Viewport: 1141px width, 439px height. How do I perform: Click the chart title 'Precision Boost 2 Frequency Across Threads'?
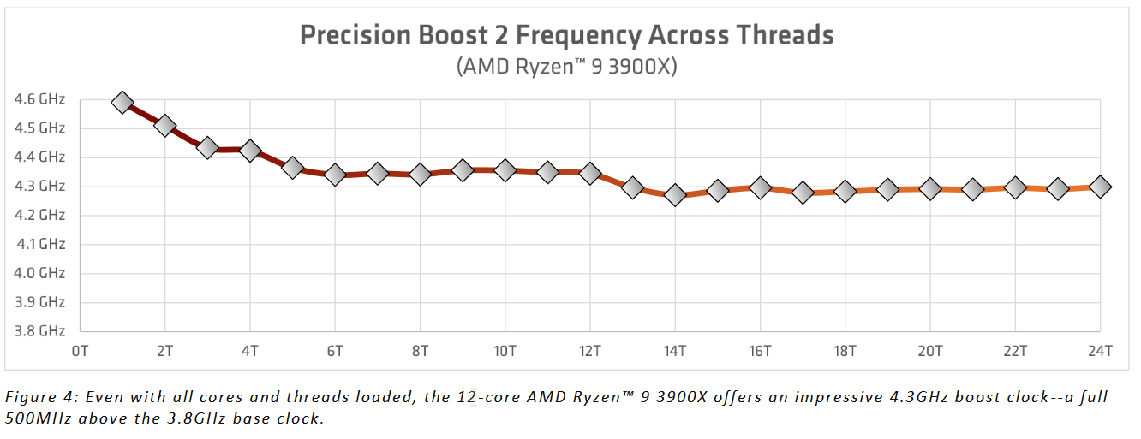(x=566, y=35)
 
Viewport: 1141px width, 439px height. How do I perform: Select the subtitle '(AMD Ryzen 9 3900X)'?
(x=566, y=67)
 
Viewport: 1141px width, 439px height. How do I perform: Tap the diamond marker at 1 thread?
(x=122, y=103)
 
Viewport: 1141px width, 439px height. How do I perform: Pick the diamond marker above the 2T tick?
(x=164, y=126)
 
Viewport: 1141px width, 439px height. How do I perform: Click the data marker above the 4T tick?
(x=250, y=151)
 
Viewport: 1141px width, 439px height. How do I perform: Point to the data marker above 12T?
(x=589, y=173)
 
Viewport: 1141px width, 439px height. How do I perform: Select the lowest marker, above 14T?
(x=675, y=195)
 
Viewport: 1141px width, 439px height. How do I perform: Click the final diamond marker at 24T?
(x=1100, y=186)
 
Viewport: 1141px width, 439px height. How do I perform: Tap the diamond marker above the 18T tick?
(x=845, y=191)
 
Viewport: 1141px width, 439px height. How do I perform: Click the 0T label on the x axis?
(x=80, y=351)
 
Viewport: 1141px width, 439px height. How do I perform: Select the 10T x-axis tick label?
(x=505, y=351)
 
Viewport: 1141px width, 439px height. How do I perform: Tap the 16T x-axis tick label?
(x=760, y=351)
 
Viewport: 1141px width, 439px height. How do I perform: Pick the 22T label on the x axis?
(x=1015, y=351)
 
